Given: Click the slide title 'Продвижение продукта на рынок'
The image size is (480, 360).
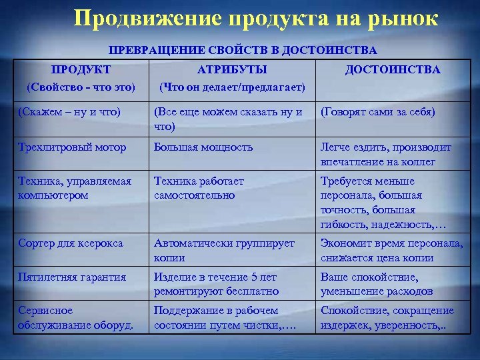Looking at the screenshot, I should (256, 18).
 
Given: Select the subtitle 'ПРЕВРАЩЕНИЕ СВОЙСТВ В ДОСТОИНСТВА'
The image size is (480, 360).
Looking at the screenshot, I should (243, 50).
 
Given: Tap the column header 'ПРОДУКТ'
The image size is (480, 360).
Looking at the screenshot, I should (81, 69).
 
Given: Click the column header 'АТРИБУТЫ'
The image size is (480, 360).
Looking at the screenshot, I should (232, 69).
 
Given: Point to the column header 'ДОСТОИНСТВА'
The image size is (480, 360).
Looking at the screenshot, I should (393, 69).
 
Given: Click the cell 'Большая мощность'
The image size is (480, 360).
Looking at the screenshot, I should (203, 147).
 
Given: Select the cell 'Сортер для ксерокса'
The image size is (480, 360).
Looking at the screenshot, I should (71, 243).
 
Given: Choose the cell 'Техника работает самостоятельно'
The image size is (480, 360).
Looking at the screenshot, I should (199, 188).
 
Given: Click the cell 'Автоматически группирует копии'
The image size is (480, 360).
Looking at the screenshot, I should (224, 251).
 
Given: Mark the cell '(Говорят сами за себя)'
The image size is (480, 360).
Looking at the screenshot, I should (377, 112).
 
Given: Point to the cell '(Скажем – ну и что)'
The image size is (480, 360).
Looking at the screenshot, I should (69, 112).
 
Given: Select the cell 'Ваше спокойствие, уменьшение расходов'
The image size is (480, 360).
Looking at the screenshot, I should (377, 284).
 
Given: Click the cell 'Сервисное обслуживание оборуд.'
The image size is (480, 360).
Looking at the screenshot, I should (75, 317).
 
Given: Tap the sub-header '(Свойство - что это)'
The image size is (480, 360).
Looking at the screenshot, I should (81, 87).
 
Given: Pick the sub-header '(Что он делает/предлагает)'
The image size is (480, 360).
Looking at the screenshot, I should (231, 87).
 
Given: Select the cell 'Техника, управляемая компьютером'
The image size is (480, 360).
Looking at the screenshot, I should (75, 188).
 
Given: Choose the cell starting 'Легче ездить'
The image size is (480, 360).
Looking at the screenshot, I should (385, 154).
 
